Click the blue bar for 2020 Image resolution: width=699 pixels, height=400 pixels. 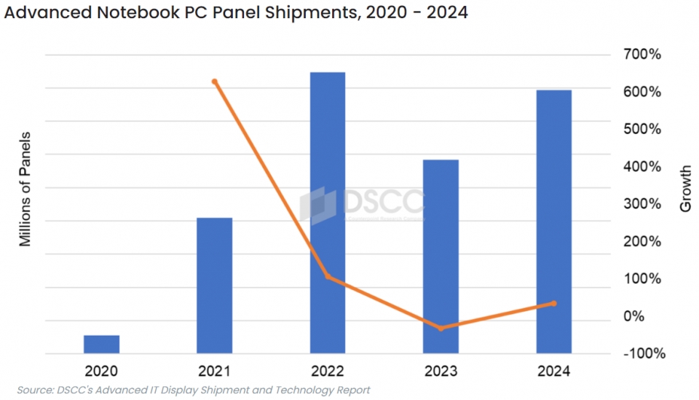(x=101, y=345)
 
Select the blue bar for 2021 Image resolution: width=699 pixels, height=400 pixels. (x=214, y=286)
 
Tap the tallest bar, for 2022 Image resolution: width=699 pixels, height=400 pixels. (x=328, y=213)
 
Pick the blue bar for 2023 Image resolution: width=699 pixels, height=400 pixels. (x=441, y=256)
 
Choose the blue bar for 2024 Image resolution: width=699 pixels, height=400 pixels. (x=553, y=221)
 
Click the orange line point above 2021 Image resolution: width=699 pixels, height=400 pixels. (x=214, y=82)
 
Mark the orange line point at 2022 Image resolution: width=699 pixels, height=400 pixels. (x=328, y=277)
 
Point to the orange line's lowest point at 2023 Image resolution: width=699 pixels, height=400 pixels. (x=441, y=329)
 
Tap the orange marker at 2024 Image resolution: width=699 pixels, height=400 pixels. (x=553, y=303)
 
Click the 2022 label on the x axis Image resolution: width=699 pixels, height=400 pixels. (x=328, y=372)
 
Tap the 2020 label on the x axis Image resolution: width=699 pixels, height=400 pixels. (x=101, y=372)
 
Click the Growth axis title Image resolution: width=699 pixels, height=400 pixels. (x=685, y=189)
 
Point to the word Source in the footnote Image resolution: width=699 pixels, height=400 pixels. (x=36, y=391)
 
